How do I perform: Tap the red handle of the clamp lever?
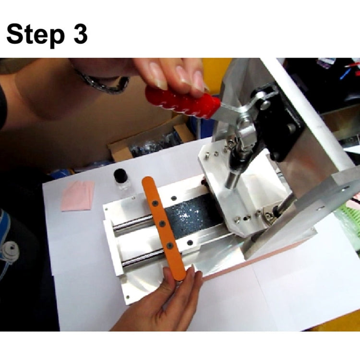pos(183,103)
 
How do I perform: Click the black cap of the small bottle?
pos(121,175)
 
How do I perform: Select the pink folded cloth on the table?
pos(78,195)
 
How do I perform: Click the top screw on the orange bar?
pos(155,203)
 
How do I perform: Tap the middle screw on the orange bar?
pos(162,223)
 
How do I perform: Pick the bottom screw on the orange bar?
pos(169,246)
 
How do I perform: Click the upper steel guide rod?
pos(133,222)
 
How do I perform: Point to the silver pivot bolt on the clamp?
pos(265,105)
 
